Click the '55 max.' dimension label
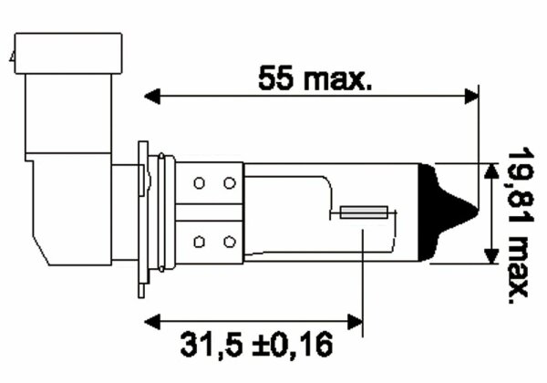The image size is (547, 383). tap(315, 78)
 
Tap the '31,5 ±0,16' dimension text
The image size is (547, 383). tap(256, 345)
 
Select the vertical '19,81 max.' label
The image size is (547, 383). tap(521, 225)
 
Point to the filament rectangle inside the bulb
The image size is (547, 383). tap(364, 212)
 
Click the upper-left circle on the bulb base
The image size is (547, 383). tap(199, 182)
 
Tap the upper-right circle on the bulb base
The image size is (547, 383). tap(230, 182)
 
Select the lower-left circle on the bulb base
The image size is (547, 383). tap(199, 242)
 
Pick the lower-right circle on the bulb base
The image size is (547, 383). tap(230, 242)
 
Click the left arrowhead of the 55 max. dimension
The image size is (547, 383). tap(152, 96)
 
